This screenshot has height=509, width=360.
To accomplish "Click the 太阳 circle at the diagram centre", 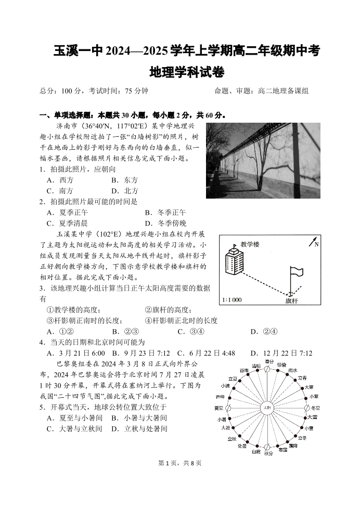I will [x=267, y=408].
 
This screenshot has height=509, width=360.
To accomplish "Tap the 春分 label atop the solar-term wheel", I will [x=268, y=361].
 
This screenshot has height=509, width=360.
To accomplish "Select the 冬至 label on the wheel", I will [x=315, y=408].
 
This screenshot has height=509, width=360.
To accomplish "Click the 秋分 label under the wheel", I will [x=268, y=454].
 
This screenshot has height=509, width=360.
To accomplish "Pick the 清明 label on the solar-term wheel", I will [x=256, y=366].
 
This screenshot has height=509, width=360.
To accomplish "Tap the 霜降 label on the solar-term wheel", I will [x=293, y=446].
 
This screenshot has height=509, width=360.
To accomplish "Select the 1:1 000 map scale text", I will [x=232, y=300].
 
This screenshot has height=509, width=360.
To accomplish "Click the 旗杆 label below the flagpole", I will [x=292, y=301].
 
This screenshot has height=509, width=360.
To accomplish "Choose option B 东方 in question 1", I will [x=125, y=180].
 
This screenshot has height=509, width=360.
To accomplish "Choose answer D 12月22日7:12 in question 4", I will [x=281, y=354].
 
